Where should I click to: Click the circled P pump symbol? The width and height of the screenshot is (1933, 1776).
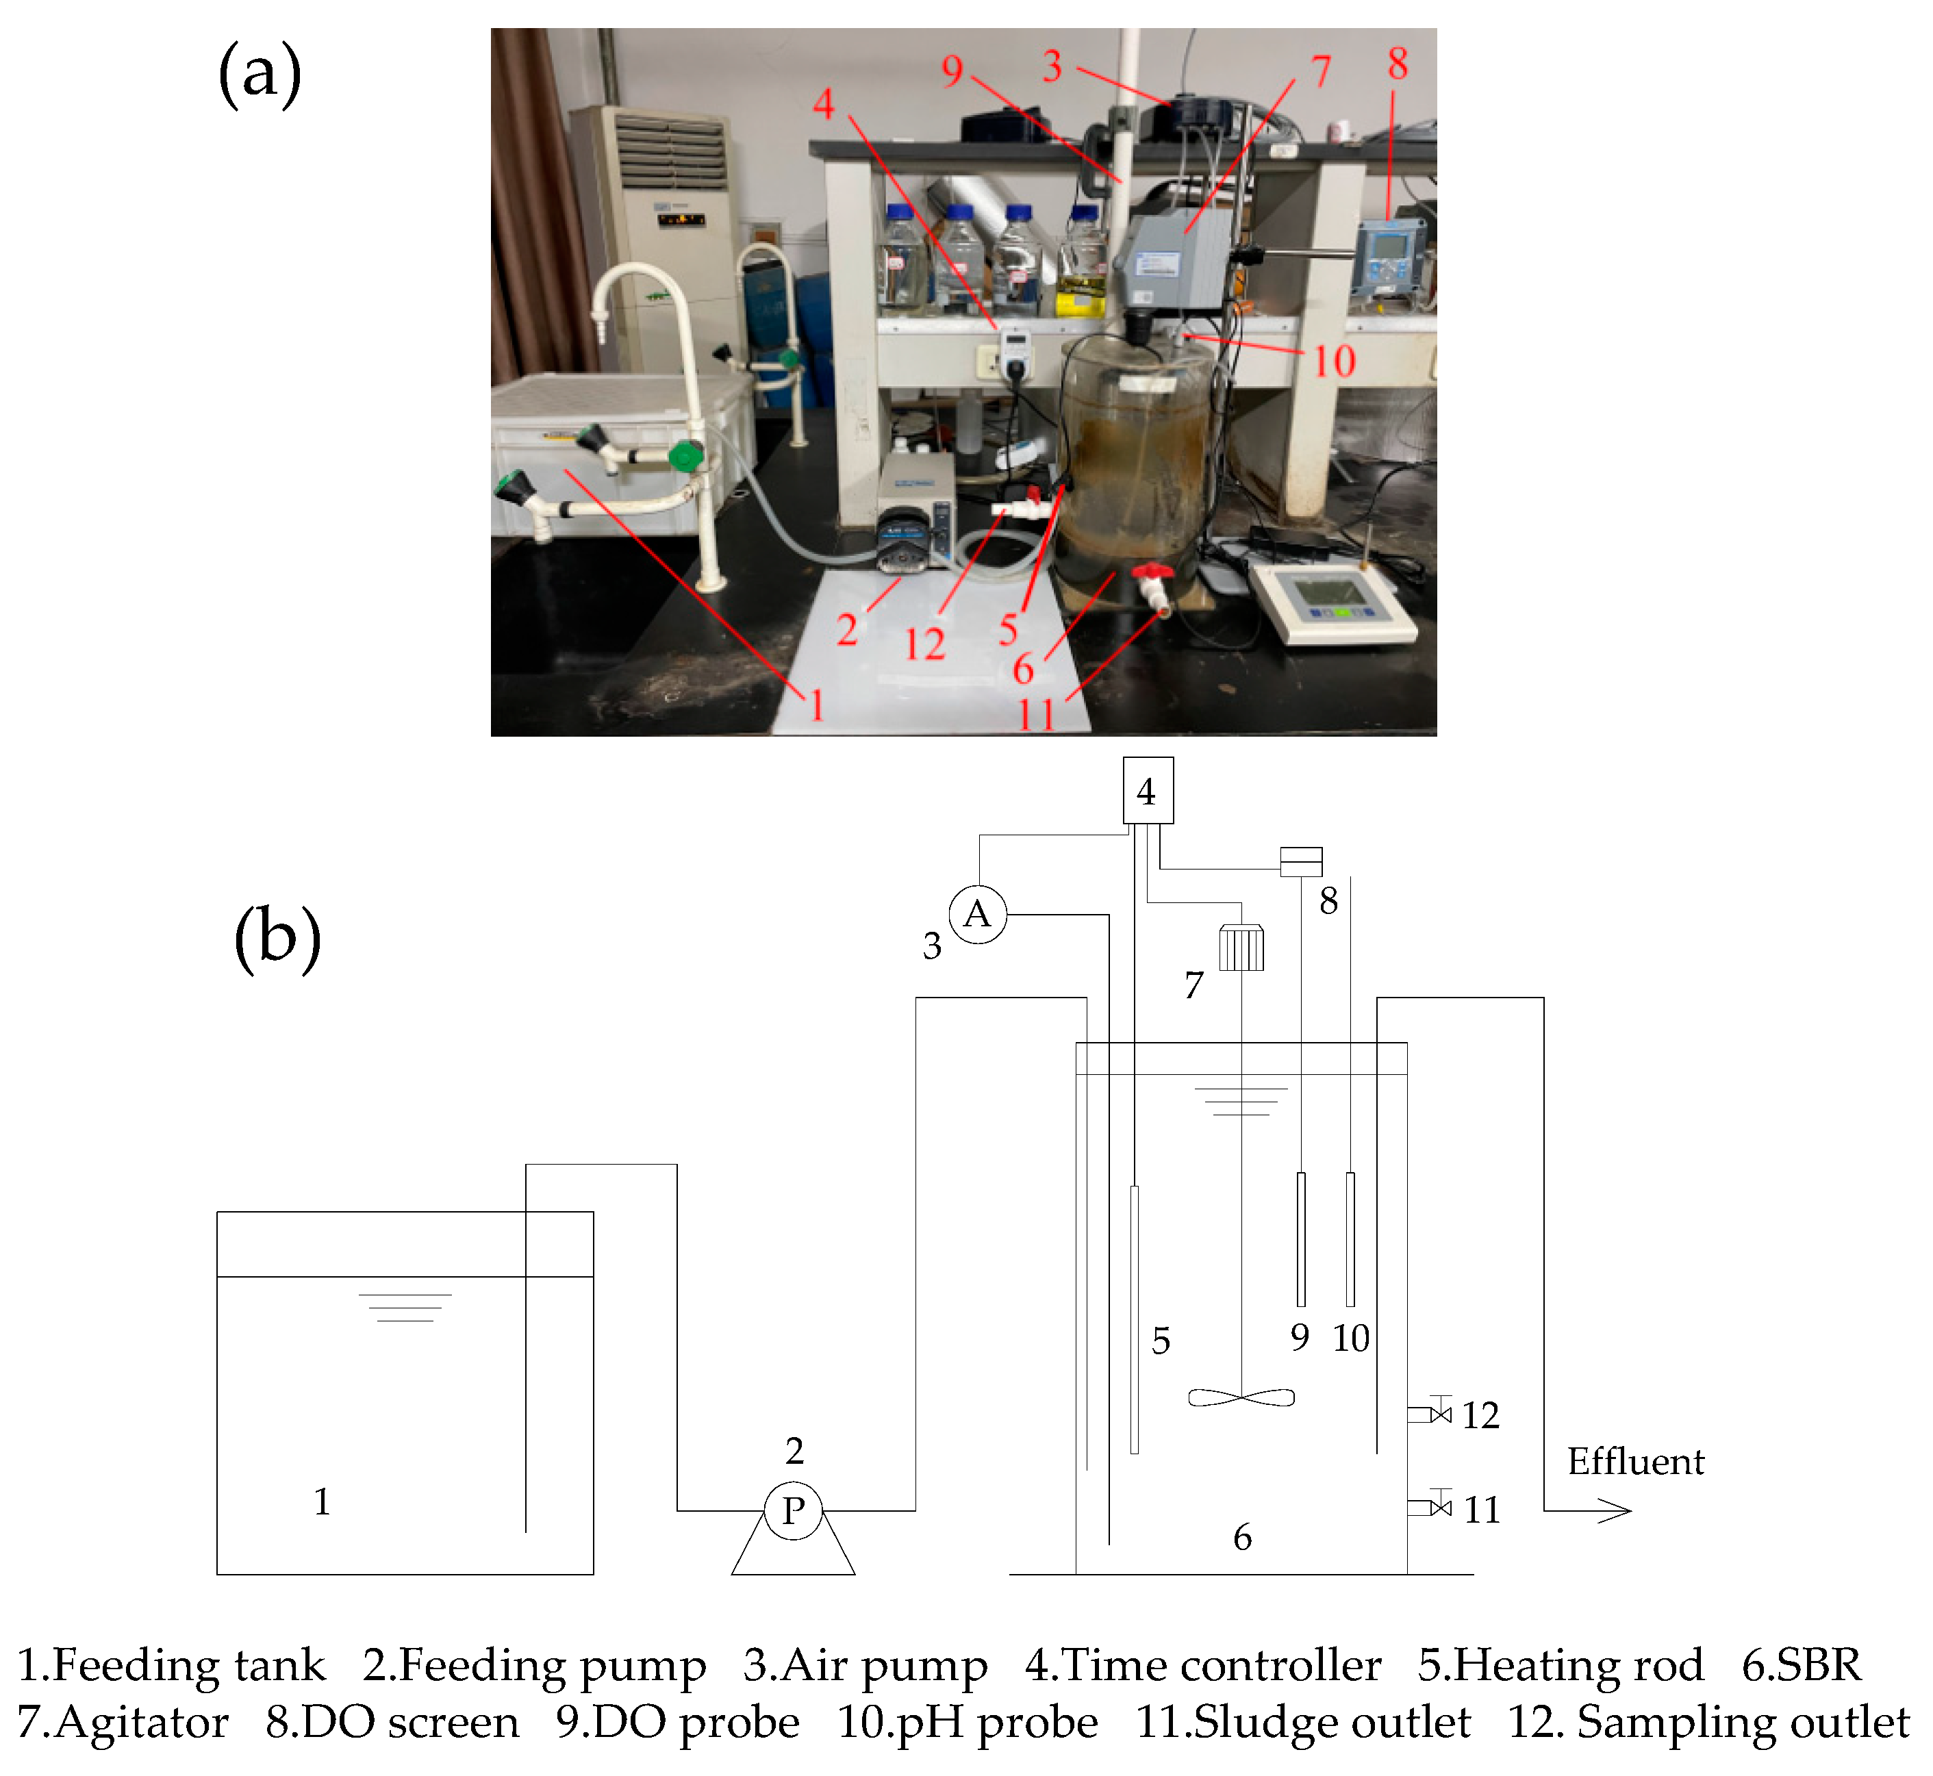tap(793, 1511)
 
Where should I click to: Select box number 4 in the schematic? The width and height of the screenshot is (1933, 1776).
tap(1148, 791)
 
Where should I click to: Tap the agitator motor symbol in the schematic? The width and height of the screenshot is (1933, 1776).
tap(1241, 948)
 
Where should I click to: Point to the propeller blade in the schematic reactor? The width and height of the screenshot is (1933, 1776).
tap(1241, 1397)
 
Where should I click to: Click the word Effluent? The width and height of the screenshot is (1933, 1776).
tap(1635, 1462)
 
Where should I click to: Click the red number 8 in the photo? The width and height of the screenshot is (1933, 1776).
tap(1398, 64)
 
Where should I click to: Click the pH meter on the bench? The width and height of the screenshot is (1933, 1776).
tap(1334, 600)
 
